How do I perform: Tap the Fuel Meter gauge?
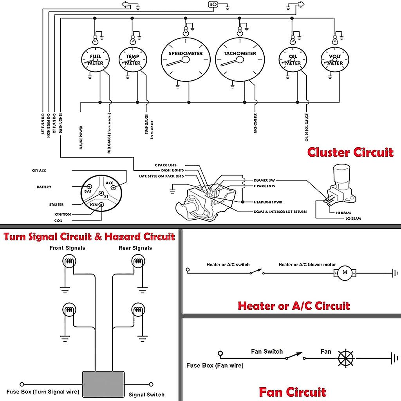coord(95,60)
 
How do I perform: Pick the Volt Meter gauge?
coord(335,60)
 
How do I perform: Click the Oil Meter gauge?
coord(293,60)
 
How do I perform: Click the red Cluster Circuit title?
coord(350,152)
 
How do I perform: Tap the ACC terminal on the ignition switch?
coord(115,186)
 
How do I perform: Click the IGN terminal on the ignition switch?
coord(101,204)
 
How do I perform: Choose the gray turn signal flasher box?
coord(103,384)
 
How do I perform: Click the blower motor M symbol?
coord(345,273)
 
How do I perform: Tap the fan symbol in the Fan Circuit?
coord(345,358)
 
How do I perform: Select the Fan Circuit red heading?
coord(292,392)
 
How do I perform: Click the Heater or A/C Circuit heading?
coord(294,305)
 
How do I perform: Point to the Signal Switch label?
coord(146,394)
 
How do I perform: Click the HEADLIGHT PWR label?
coord(268,202)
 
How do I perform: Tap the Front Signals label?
coord(67,248)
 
